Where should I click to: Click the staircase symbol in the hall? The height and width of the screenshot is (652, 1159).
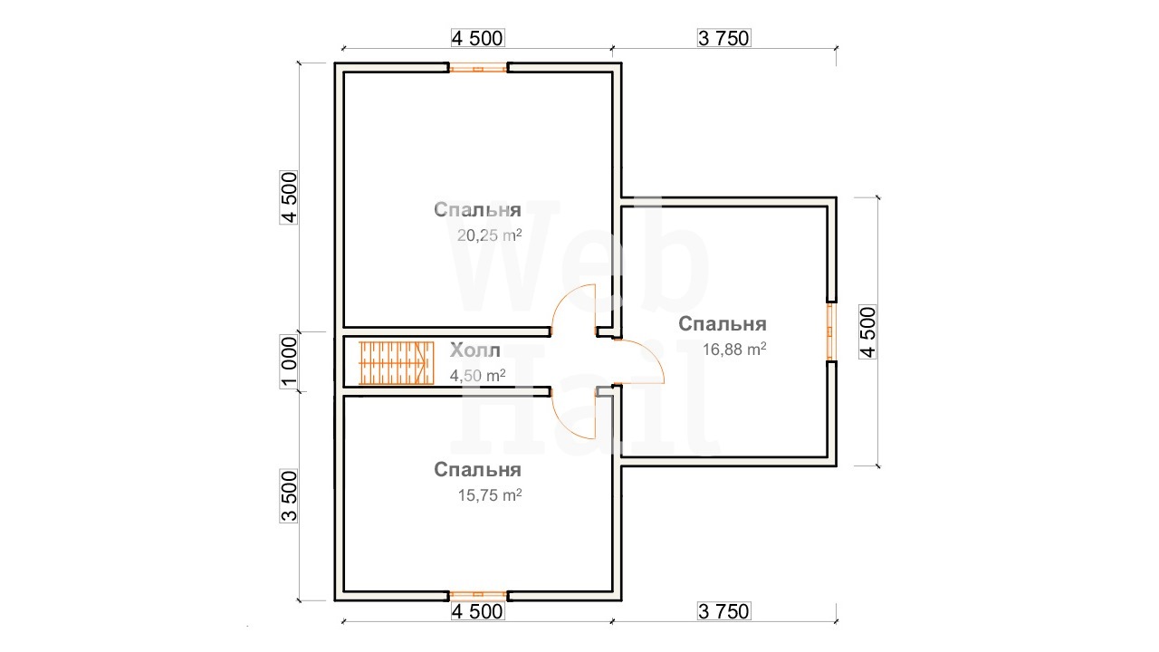(397, 363)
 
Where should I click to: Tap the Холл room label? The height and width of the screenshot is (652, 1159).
(475, 350)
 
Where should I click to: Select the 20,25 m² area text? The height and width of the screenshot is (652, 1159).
(490, 235)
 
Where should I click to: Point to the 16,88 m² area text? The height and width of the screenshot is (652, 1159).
(734, 350)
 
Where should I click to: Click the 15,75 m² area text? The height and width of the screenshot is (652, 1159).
(490, 495)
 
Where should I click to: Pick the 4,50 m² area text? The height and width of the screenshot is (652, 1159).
(477, 375)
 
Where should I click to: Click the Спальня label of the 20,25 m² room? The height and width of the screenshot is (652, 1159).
(477, 209)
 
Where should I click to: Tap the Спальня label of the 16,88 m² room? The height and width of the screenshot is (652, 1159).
(723, 324)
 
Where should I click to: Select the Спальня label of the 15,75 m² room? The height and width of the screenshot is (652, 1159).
(477, 470)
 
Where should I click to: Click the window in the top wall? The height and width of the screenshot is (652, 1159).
(478, 68)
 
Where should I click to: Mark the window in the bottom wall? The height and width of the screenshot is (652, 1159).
(478, 596)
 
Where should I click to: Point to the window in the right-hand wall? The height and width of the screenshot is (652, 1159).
(831, 331)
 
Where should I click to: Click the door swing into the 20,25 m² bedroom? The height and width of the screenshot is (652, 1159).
(574, 307)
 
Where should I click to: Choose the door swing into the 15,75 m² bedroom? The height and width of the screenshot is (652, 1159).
(574, 416)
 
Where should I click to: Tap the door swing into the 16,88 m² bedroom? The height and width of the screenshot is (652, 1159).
(640, 361)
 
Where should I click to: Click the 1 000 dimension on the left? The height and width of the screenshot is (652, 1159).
(289, 361)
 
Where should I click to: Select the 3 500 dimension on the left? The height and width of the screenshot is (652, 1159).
(289, 495)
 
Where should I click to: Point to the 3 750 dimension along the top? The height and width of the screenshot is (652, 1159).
(723, 38)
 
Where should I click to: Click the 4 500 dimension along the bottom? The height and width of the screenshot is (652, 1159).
(477, 611)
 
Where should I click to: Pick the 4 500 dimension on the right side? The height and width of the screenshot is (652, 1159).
(867, 331)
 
